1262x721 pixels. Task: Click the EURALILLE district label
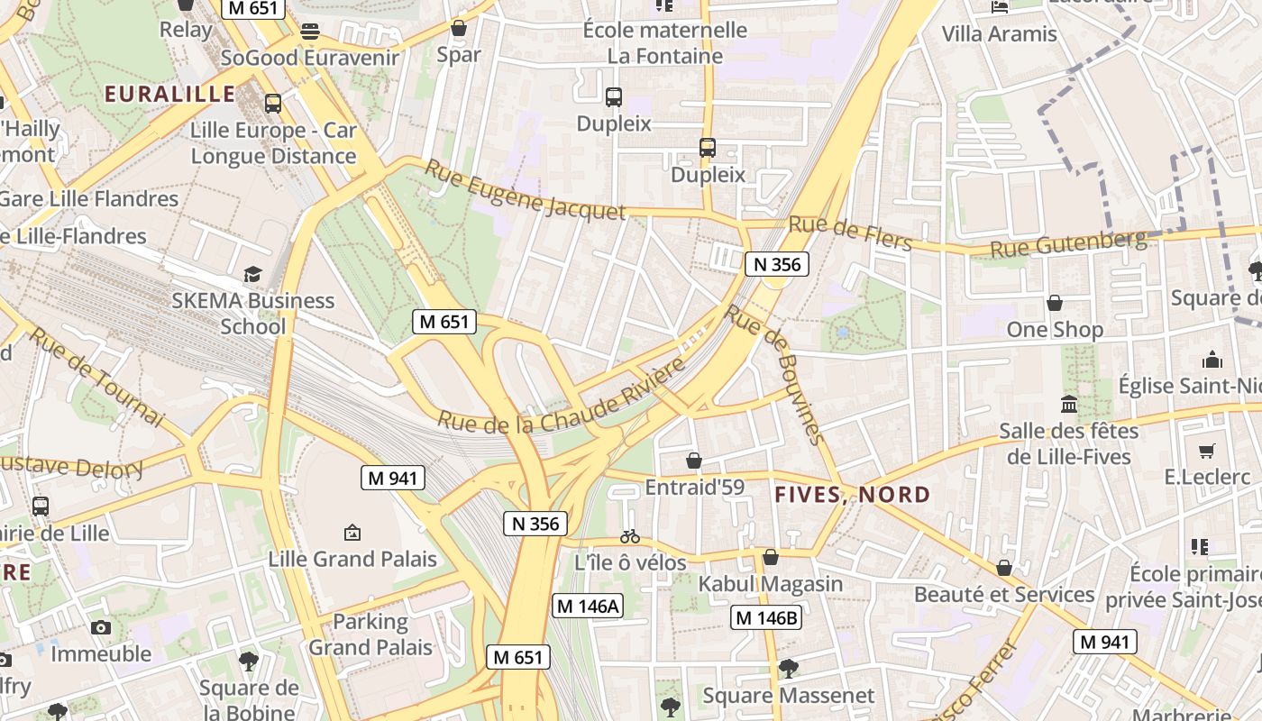click(169, 94)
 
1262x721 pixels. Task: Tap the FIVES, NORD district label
click(853, 494)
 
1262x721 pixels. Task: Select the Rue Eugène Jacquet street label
click(525, 190)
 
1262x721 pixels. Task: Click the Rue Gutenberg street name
click(1068, 243)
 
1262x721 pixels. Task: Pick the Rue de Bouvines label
click(775, 373)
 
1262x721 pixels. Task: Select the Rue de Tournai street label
click(96, 377)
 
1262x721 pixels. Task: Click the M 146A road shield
click(588, 607)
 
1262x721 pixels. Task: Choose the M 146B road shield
click(766, 617)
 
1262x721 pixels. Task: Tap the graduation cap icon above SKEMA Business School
click(252, 274)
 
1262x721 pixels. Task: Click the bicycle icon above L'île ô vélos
click(630, 536)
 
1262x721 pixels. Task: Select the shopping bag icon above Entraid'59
click(694, 461)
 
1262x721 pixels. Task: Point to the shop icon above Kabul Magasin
click(770, 557)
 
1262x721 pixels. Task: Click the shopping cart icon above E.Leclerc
click(1206, 451)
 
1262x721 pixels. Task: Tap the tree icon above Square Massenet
click(788, 668)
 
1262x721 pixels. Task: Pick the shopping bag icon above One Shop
click(1055, 303)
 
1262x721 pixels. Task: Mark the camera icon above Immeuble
click(101, 627)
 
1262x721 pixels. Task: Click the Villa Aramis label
click(999, 34)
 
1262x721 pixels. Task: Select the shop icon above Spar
click(459, 28)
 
